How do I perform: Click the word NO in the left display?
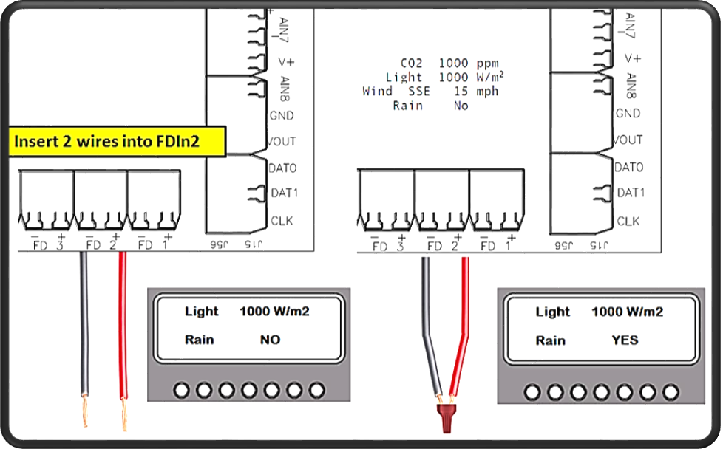(x=269, y=340)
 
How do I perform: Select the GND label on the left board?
(x=282, y=115)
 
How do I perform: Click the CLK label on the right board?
(x=628, y=221)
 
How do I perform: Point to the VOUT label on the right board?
(x=628, y=140)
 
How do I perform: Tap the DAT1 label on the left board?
(x=282, y=194)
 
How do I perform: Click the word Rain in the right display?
(x=550, y=340)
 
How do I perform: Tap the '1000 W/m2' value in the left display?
(x=274, y=312)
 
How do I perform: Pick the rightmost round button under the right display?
(x=671, y=391)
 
